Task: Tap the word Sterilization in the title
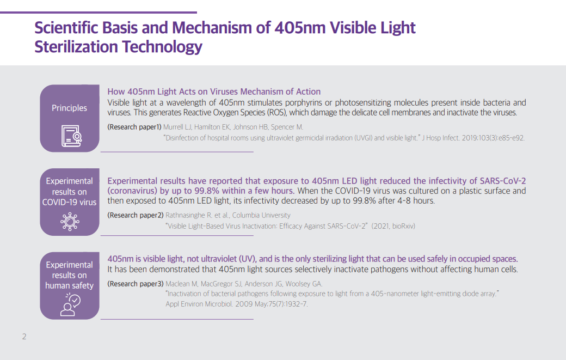(x=76, y=47)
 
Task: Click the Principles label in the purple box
(x=69, y=108)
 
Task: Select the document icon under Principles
(x=71, y=136)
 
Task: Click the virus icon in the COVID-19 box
(x=70, y=221)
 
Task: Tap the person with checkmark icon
(x=70, y=304)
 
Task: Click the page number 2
(x=24, y=337)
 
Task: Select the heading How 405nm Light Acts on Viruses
(x=173, y=91)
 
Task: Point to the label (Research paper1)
(x=134, y=127)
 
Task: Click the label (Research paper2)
(x=136, y=215)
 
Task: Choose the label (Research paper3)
(x=136, y=284)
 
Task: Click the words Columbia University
(x=261, y=215)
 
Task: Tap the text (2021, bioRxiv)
(x=393, y=226)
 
